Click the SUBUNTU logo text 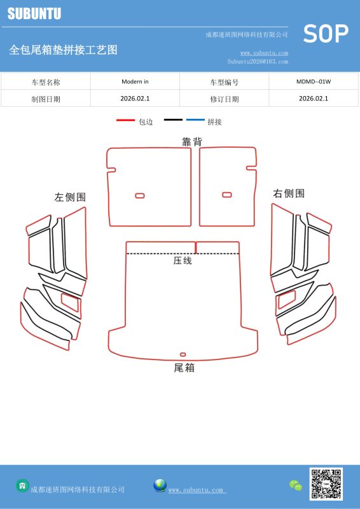34,13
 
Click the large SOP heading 326,34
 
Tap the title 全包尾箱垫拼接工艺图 64,50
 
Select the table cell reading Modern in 135,81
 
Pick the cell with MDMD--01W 314,81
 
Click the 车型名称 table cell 46,82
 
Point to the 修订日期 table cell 225,99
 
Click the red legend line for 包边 126,120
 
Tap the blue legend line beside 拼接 195,120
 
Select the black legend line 174,120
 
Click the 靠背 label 192,141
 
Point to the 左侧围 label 70,197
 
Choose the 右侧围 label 289,193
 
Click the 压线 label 183,260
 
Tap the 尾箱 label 184,368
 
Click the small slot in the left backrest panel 140,195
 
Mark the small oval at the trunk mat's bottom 183,354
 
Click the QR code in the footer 326,484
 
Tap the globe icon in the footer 160,485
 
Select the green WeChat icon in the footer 296,485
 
